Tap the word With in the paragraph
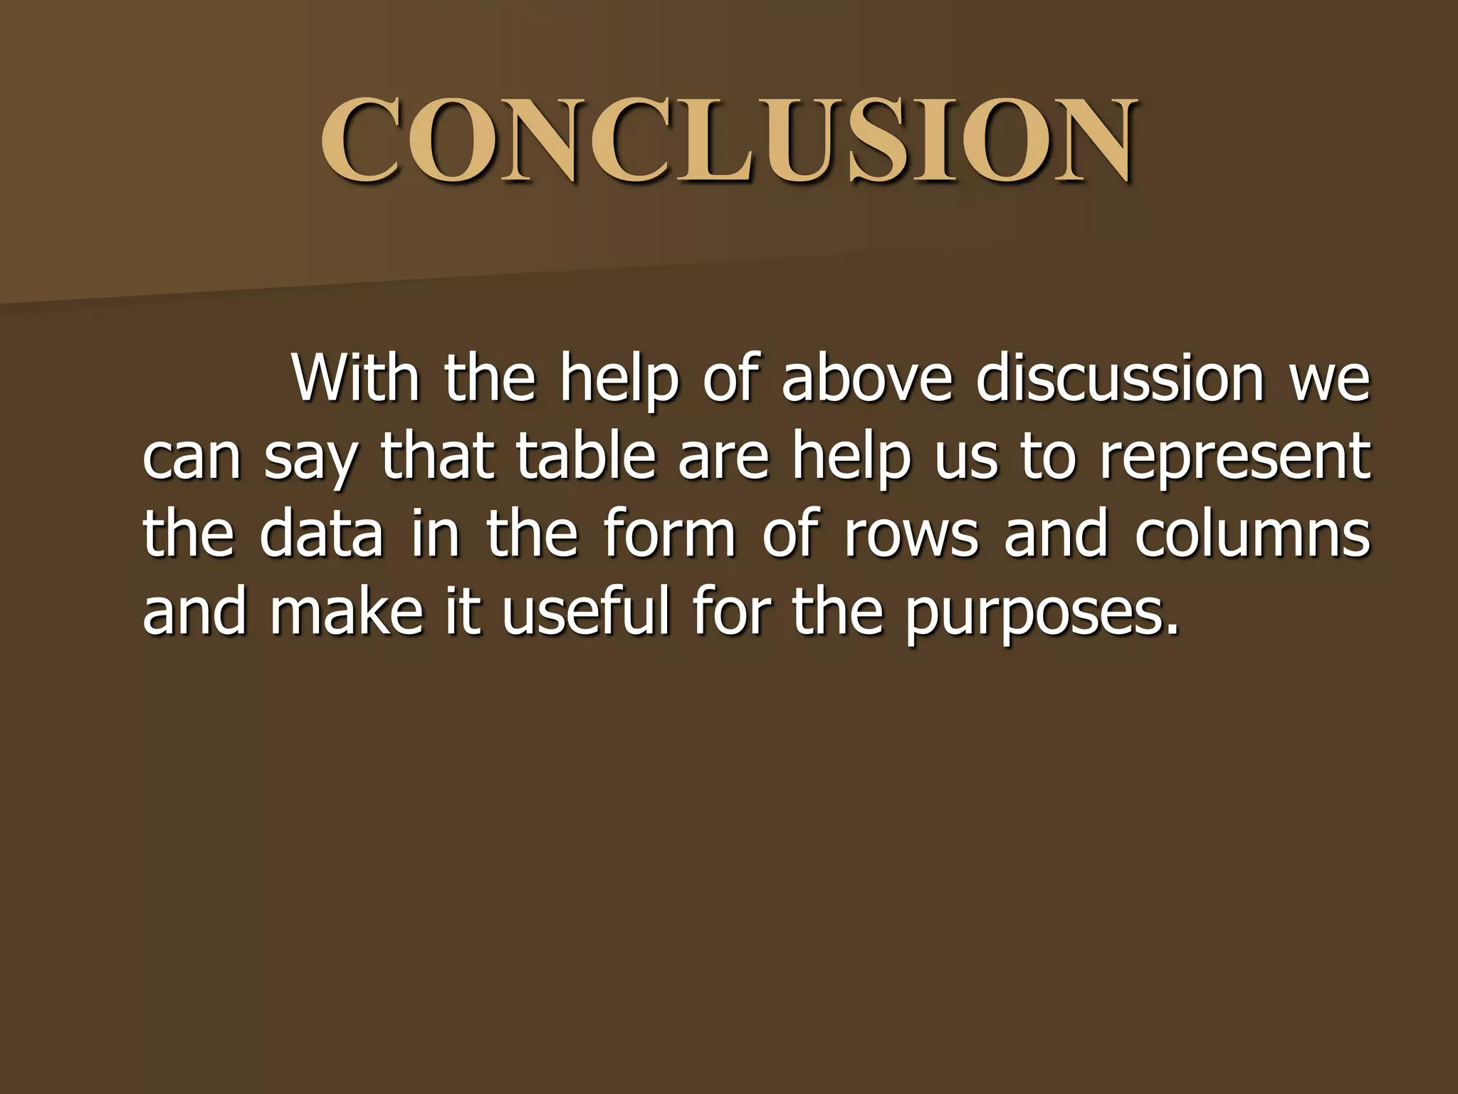coord(356,378)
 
